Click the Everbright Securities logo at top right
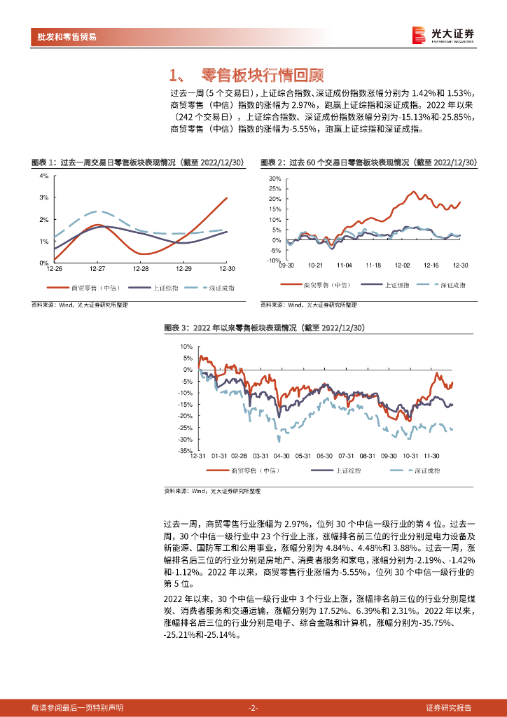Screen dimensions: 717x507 [443, 35]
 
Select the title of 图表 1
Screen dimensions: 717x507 [137, 162]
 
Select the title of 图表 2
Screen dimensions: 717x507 [368, 162]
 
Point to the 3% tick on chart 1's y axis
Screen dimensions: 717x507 [43, 197]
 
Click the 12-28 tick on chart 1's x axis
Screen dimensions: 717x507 [141, 269]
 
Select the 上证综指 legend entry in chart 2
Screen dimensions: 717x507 [396, 285]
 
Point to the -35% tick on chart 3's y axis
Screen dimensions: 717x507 [186, 452]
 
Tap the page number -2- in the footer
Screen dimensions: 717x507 [253, 708]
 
